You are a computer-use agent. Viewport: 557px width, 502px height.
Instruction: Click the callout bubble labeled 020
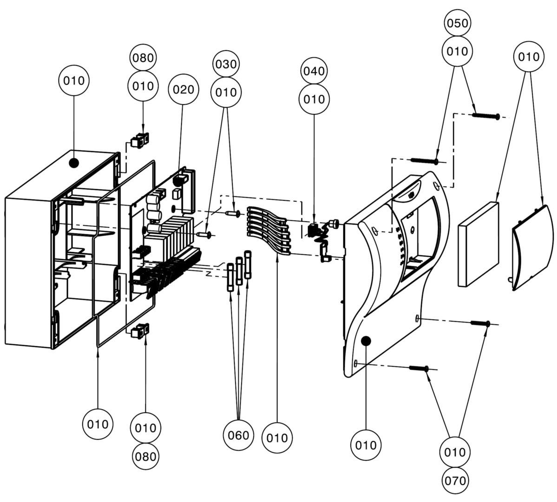183,89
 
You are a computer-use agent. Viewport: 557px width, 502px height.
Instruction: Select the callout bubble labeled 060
239,435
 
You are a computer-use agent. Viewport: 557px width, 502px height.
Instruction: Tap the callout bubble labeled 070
455,480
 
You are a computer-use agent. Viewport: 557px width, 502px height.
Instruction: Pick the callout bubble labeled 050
457,23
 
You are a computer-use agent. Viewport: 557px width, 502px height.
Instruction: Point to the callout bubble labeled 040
314,71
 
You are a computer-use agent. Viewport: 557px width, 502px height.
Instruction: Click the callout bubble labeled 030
226,64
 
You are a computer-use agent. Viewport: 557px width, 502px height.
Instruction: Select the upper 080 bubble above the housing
143,58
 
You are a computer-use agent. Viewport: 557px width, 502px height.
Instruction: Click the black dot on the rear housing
73,163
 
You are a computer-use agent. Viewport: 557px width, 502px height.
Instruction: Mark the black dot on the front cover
366,341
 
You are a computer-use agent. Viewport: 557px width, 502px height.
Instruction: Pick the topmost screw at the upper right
486,115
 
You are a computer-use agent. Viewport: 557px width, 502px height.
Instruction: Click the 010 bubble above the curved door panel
528,57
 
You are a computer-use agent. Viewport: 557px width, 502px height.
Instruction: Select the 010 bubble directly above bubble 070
455,452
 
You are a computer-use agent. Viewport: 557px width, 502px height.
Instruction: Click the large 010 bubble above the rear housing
74,81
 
